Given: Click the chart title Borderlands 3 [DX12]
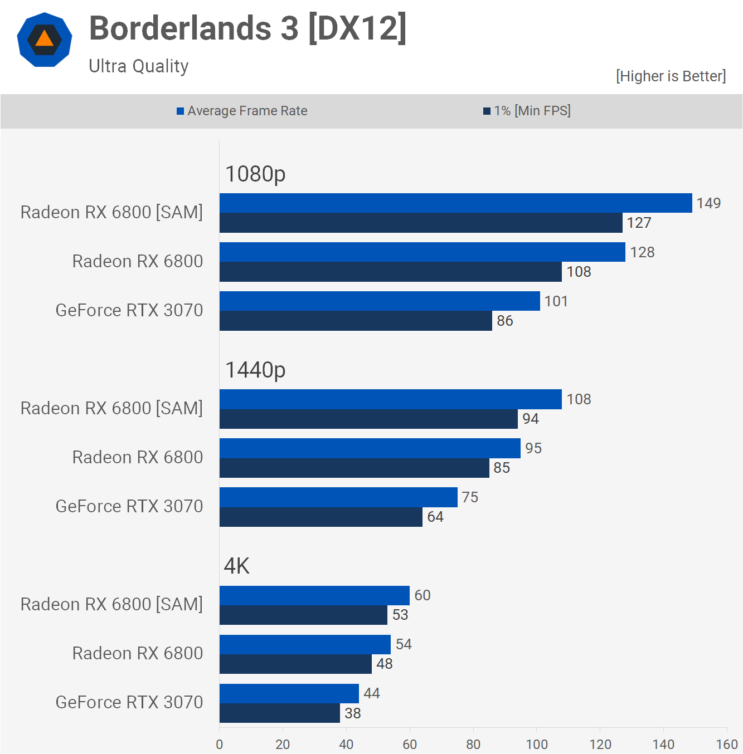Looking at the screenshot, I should pyautogui.click(x=248, y=28).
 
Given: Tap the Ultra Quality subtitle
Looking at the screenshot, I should pyautogui.click(x=139, y=66).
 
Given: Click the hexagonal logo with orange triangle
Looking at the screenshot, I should pyautogui.click(x=45, y=40).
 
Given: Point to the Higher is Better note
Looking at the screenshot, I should pyautogui.click(x=671, y=76).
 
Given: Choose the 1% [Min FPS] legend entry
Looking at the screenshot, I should pyautogui.click(x=527, y=111).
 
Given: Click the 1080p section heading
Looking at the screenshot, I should pyautogui.click(x=255, y=174).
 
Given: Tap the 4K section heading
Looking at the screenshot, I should pyautogui.click(x=237, y=566).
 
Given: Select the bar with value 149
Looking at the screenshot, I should pyautogui.click(x=455, y=203).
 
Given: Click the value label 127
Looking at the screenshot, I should pyautogui.click(x=639, y=223).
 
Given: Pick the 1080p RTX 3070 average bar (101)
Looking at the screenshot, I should pyautogui.click(x=380, y=301).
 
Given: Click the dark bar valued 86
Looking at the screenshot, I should pyautogui.click(x=356, y=321).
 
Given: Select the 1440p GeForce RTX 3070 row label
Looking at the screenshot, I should pyautogui.click(x=129, y=506).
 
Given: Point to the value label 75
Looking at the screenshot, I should pyautogui.click(x=470, y=497).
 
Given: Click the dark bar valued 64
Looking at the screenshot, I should pyautogui.click(x=320, y=517).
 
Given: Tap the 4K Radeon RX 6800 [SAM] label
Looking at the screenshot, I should pyautogui.click(x=111, y=604).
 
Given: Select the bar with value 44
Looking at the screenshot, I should pyautogui.click(x=289, y=693).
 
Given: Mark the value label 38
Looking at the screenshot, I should pyautogui.click(x=353, y=713).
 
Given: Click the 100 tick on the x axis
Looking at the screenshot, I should pyautogui.click(x=537, y=745).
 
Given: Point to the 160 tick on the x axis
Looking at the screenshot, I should pyautogui.click(x=727, y=745).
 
